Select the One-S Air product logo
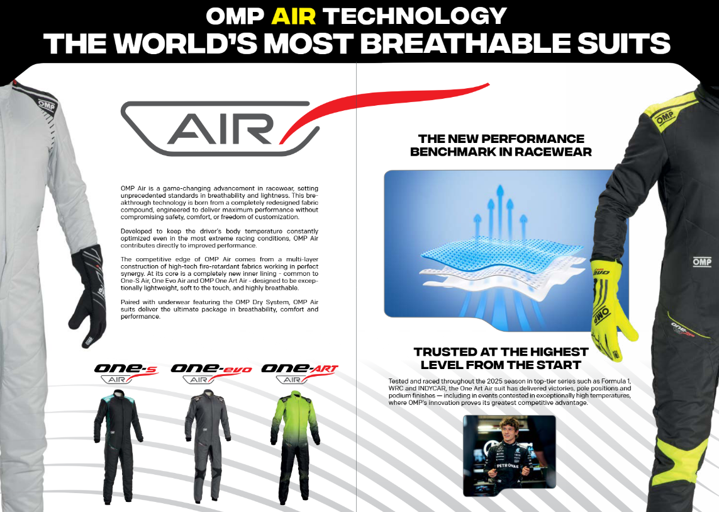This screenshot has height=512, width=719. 125,373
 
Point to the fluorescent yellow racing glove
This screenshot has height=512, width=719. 610,302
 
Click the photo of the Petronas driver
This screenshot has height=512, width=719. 509,455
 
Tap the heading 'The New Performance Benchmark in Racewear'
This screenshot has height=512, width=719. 501,145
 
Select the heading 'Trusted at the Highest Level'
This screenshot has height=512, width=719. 501,358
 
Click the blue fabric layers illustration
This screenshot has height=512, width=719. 491,265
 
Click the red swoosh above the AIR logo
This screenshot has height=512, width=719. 390,104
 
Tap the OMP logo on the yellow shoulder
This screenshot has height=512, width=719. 664,117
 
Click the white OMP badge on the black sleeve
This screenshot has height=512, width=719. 701,261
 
